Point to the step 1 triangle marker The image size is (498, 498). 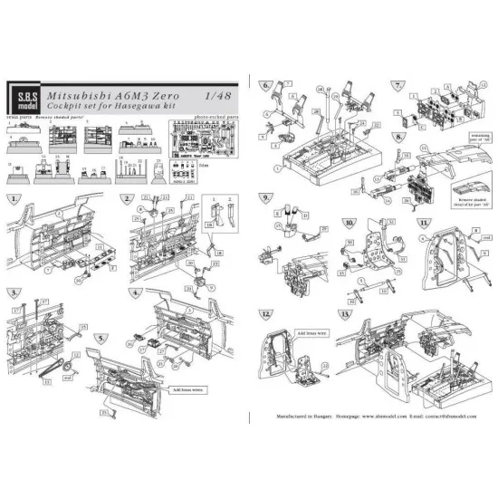point(15,198)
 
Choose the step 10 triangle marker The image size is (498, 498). point(349,222)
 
